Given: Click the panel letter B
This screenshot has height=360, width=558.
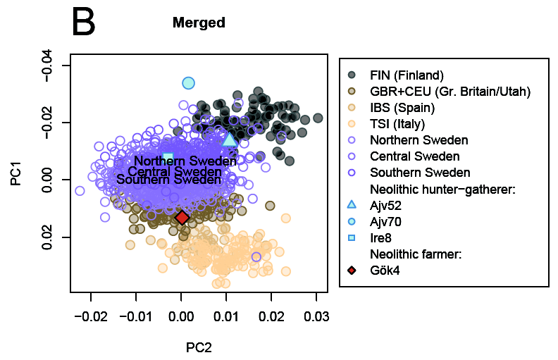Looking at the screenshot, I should click(x=84, y=22).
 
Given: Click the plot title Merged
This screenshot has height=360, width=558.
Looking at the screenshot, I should click(x=199, y=23).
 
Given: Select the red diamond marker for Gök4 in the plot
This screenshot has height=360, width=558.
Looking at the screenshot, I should click(x=182, y=218).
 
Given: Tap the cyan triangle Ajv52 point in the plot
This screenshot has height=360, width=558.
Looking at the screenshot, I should click(x=229, y=139).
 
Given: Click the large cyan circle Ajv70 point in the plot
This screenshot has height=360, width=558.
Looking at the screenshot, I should click(x=188, y=83).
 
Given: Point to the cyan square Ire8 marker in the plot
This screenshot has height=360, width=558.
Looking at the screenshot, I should click(x=168, y=157).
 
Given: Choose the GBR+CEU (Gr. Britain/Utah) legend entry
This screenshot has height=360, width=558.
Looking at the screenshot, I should click(x=449, y=91).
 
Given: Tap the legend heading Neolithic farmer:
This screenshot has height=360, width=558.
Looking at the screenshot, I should click(x=416, y=254).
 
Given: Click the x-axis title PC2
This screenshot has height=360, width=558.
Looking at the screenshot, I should click(x=199, y=347).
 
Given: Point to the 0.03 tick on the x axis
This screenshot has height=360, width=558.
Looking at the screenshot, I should click(x=316, y=316).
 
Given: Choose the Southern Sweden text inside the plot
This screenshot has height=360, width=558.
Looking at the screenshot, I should click(x=168, y=180).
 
